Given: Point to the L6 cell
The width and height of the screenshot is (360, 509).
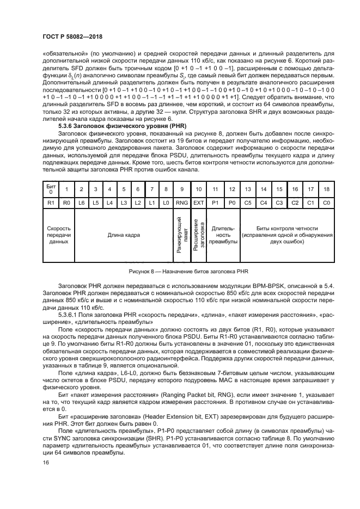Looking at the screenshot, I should [81, 202].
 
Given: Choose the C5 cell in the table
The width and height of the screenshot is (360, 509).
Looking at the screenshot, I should [248, 202].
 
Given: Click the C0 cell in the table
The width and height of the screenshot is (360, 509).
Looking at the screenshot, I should [327, 202].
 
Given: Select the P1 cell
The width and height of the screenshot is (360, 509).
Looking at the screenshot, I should [215, 202].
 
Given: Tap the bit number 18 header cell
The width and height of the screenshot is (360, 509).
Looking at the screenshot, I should [327, 189].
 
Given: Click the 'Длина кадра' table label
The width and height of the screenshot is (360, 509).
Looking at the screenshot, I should [124, 235].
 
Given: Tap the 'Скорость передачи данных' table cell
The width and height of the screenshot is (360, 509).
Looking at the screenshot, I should [58, 235].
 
